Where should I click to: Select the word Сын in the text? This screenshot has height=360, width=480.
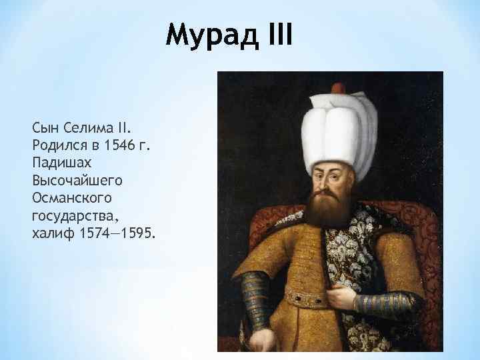45,127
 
